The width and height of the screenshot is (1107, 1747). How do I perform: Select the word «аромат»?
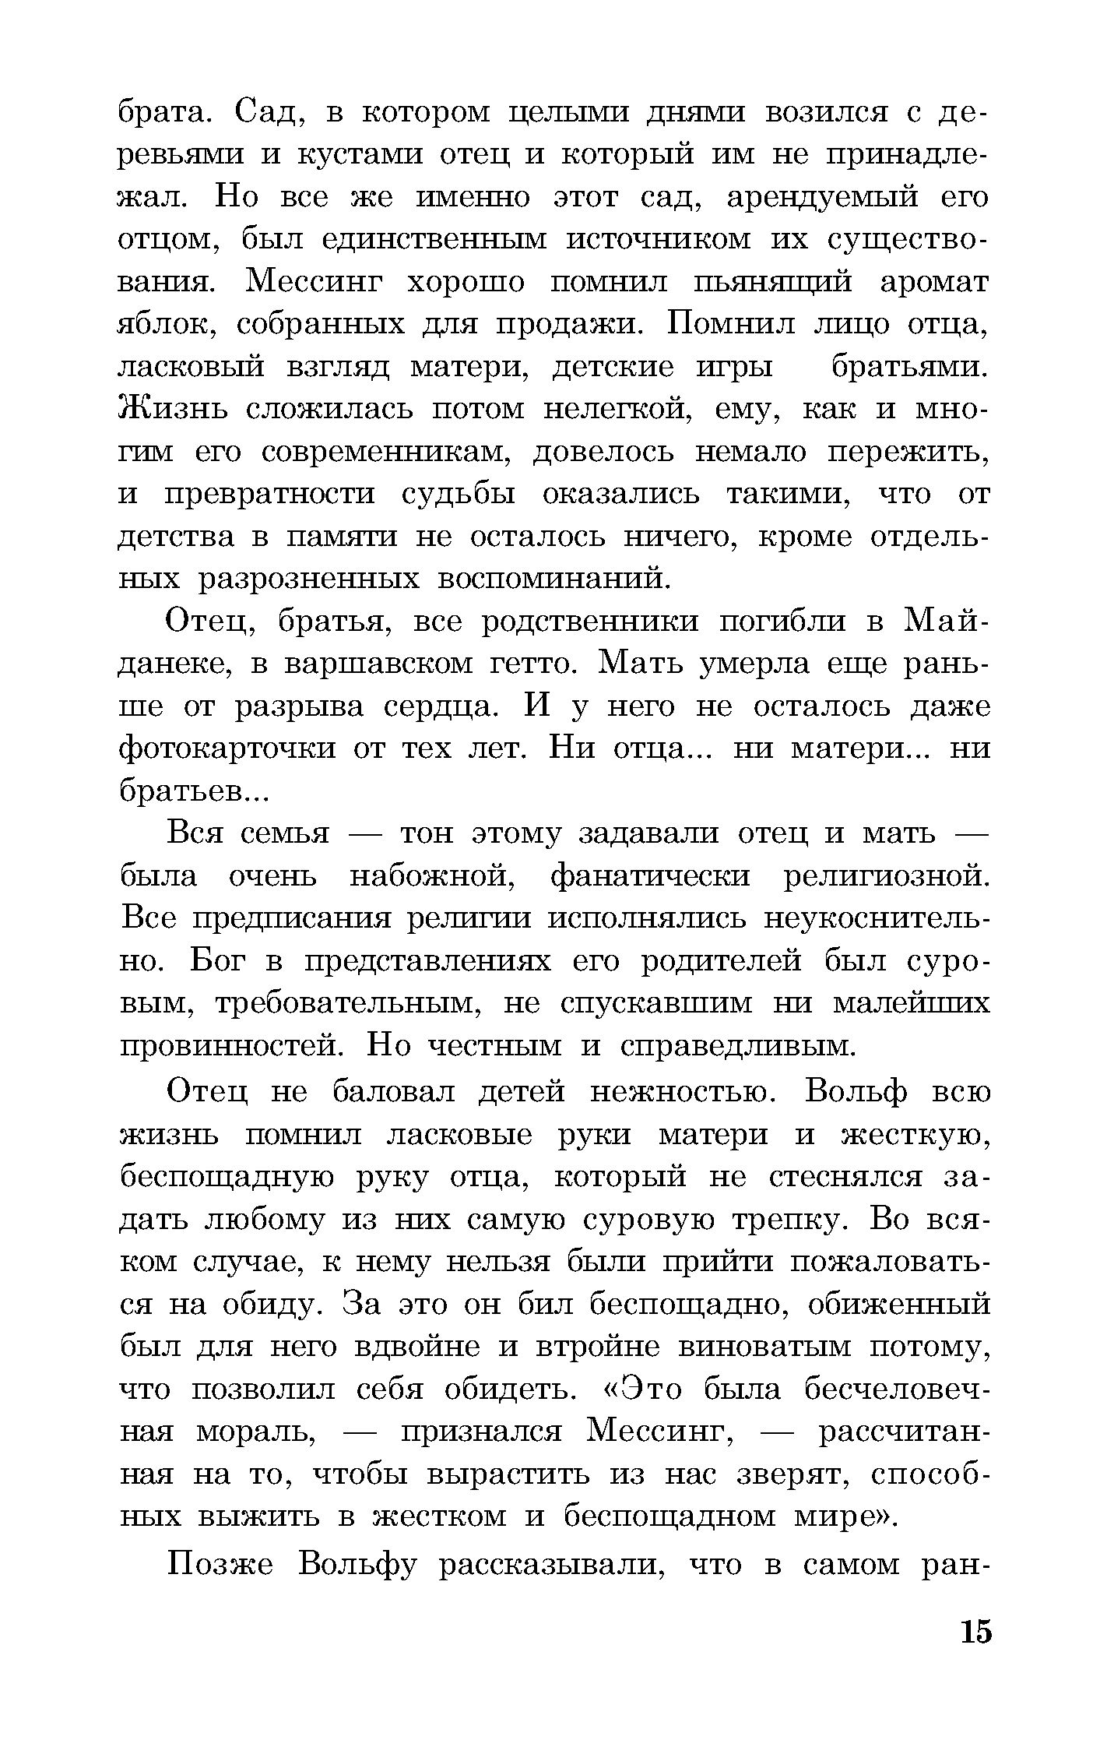click(934, 282)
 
